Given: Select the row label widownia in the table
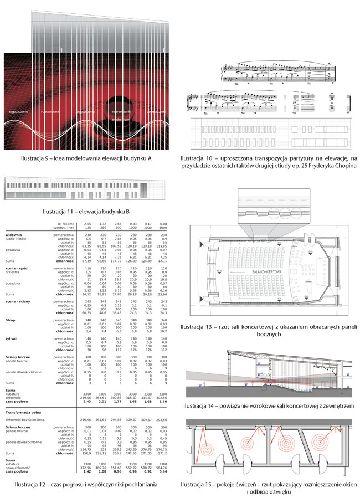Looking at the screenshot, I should point(14,235).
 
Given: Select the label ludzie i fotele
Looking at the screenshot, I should point(17,238).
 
